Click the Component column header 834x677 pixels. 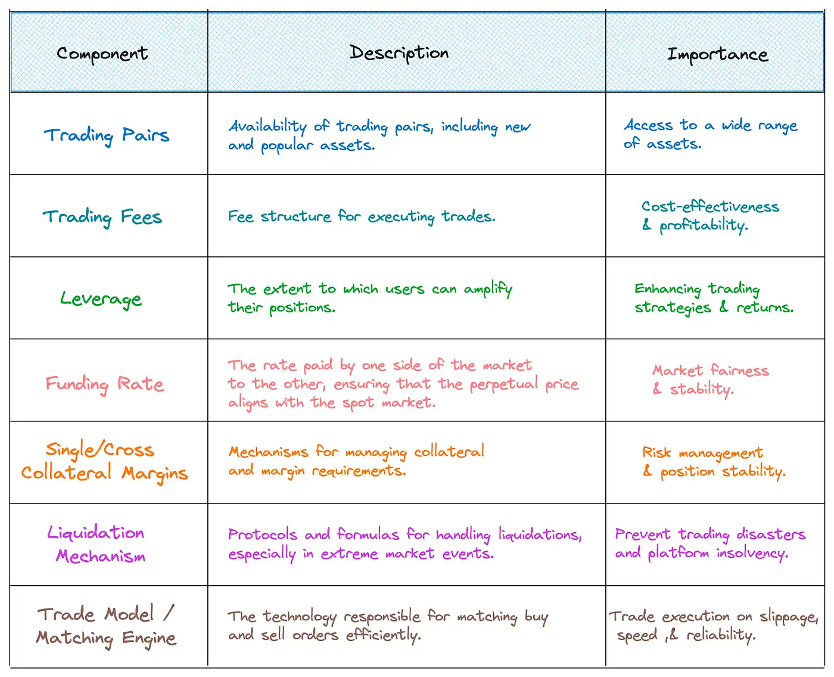tap(102, 54)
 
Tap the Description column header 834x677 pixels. tap(399, 53)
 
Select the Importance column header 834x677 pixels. tap(717, 54)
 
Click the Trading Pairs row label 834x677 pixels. tap(107, 135)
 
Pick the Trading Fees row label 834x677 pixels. tap(102, 217)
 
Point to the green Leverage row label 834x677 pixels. tap(101, 299)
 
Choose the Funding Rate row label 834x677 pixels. tap(105, 384)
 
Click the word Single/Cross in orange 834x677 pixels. tap(100, 449)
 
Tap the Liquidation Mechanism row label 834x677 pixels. tap(97, 544)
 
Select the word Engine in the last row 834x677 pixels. tap(149, 638)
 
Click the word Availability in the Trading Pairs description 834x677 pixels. tap(267, 126)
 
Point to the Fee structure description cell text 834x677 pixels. tap(361, 216)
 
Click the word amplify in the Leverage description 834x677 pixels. tap(488, 290)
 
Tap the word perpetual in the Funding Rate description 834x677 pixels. tap(504, 384)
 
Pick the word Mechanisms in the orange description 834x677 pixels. tap(268, 452)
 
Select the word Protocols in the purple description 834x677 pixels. tap(262, 535)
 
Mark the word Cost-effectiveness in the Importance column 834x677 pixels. tap(710, 207)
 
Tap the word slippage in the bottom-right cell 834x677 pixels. tap(788, 617)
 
